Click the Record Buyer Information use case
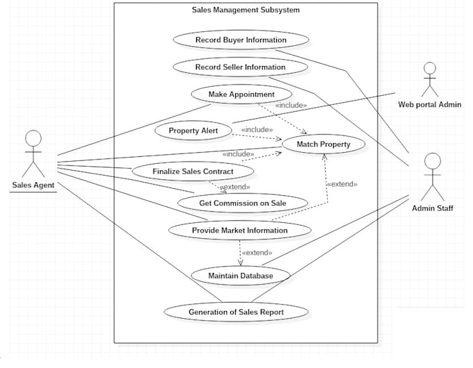click(241, 40)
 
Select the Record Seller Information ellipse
click(240, 67)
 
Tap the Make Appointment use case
click(241, 94)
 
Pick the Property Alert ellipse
click(194, 131)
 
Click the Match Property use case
click(323, 144)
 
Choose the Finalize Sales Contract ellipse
click(193, 171)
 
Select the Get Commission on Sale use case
click(242, 202)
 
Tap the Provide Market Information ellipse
click(239, 230)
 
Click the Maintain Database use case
click(240, 276)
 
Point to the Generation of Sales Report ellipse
click(236, 312)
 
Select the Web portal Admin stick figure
click(429, 80)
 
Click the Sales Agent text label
click(33, 185)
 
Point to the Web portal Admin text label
click(429, 105)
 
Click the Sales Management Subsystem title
click(246, 10)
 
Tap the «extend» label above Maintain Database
click(255, 253)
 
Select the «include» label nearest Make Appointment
click(291, 106)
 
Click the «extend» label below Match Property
click(342, 184)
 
